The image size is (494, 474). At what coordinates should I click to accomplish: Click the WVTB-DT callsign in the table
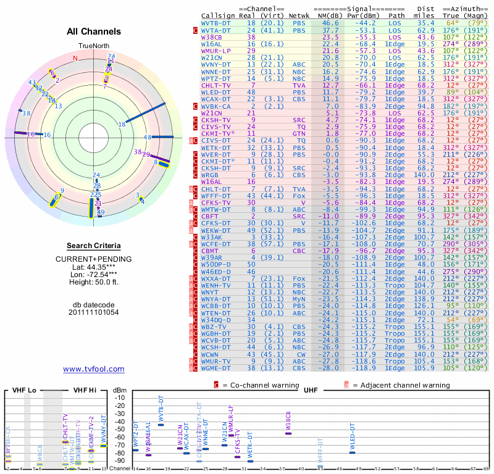pos(216,23)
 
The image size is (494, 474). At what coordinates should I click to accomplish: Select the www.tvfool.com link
pos(93,369)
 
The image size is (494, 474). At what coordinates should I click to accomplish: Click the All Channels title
pos(94,31)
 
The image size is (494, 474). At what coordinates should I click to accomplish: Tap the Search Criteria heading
pos(94,246)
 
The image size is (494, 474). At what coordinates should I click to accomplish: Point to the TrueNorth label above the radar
pos(93,46)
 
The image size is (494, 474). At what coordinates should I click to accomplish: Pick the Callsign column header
pos(217,15)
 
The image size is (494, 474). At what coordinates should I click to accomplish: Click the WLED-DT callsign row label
pos(216,91)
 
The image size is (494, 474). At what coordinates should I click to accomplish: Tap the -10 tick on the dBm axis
pos(119,397)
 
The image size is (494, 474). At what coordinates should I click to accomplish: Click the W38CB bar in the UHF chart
pos(288,433)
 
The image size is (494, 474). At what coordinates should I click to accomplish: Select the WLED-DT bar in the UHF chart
pos(352,452)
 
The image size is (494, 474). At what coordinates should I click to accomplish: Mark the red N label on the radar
pos(75,58)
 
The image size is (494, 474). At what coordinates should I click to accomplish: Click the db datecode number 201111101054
pos(94,312)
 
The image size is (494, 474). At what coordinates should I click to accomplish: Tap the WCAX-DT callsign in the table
pos(216,98)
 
